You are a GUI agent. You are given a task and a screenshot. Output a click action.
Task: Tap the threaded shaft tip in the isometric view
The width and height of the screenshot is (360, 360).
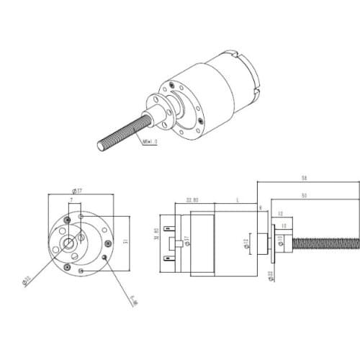pyautogui.click(x=102, y=146)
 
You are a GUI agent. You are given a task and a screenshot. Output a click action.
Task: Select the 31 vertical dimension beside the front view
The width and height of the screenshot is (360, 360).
pyautogui.click(x=125, y=241)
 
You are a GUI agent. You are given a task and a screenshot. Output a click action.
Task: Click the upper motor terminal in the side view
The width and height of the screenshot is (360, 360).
pyautogui.click(x=171, y=229)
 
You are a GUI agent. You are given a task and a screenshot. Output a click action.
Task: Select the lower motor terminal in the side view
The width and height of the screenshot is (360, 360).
pyautogui.click(x=171, y=257)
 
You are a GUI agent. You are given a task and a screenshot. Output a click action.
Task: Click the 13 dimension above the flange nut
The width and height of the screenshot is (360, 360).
pyautogui.click(x=279, y=214)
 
